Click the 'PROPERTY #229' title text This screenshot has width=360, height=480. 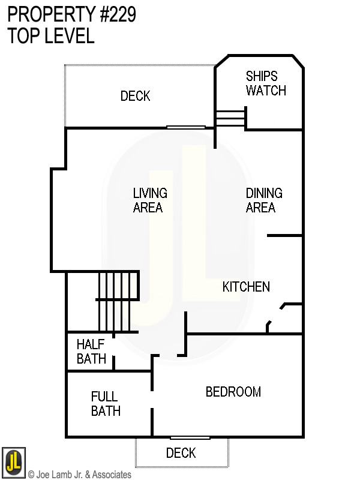coord(71,15)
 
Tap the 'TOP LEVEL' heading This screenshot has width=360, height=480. coord(51,36)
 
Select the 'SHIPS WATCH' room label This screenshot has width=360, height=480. coord(266,83)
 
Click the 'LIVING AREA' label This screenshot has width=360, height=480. coord(149,200)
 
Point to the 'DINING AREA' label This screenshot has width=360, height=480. coord(263,200)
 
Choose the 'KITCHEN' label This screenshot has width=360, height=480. coord(246,287)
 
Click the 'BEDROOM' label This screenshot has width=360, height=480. coord(233,392)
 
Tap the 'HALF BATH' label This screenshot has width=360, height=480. coord(91,352)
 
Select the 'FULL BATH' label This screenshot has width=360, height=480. coord(106,404)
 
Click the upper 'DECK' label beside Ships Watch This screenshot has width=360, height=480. coord(135,96)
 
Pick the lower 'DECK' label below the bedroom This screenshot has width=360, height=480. coord(181,453)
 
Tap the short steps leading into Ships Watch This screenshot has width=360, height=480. coord(230,118)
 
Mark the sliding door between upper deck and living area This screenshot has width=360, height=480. coord(186,127)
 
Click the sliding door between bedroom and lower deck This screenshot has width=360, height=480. coord(190,437)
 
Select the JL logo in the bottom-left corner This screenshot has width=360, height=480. coord(13,461)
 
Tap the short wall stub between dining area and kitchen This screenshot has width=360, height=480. coord(284,236)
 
